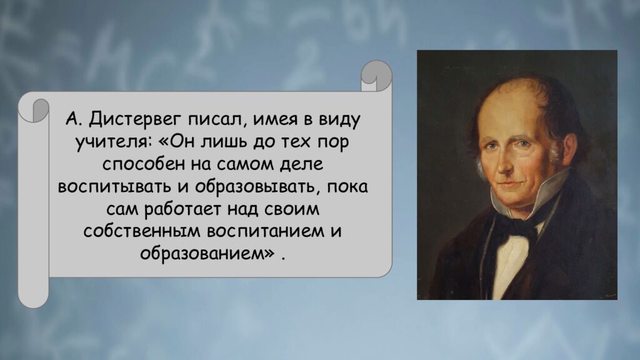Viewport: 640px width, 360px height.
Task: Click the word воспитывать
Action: [x=114, y=189]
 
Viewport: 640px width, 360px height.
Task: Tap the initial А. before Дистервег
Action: [x=72, y=119]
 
